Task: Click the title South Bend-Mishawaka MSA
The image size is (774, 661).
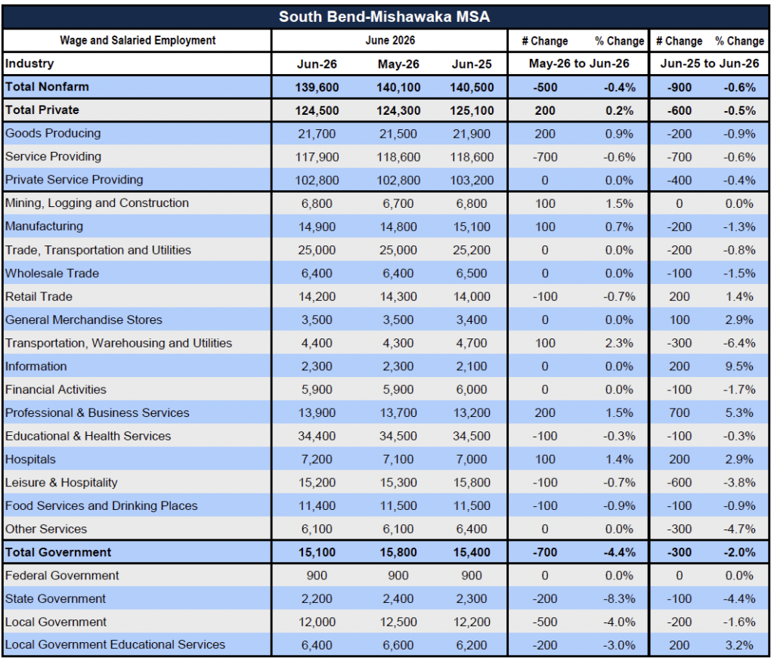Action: coord(384,17)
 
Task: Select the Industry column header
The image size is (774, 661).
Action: coord(29,63)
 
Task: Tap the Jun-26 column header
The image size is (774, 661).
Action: coord(317,64)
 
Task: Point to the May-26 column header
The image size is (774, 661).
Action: coord(398,64)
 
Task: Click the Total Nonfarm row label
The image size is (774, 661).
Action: coord(47,87)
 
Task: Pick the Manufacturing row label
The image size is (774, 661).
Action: coord(44,227)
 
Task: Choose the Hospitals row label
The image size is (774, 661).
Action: coord(30,459)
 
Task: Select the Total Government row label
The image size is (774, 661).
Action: coord(58,552)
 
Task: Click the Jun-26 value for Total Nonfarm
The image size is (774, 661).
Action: coord(317,88)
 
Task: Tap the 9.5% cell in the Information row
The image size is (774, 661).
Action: coord(739,366)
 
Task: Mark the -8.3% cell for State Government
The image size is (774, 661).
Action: coord(619,599)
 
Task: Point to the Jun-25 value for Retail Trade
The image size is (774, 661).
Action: coord(472,297)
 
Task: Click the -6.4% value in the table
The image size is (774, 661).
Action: coord(739,343)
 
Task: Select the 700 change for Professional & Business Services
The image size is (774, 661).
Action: coord(680,413)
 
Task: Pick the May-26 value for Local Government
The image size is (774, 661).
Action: coord(398,622)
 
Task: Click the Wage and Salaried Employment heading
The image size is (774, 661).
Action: coord(138,41)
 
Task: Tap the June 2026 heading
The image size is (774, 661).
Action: coord(390,41)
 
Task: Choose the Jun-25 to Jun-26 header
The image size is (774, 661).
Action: coord(709,63)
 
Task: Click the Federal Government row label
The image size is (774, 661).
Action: coord(62,576)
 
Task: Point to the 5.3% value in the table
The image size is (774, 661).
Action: coord(739,413)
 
